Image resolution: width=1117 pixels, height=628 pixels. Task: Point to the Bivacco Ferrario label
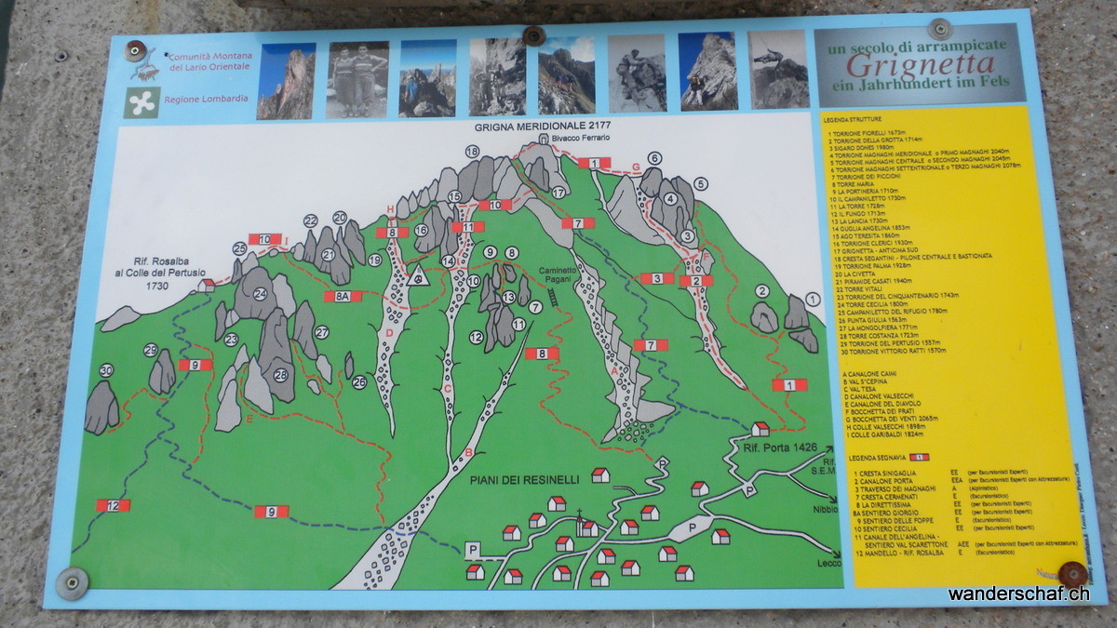coord(580,138)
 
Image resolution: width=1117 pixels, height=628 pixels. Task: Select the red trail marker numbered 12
coord(113,505)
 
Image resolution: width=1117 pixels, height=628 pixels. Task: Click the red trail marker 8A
coord(342,296)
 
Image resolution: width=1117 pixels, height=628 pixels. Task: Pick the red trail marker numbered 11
coord(467,227)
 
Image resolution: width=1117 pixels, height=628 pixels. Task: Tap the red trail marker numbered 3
coord(656,277)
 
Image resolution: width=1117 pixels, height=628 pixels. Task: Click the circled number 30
coord(107,370)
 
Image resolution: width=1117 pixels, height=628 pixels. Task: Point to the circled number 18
coord(472,152)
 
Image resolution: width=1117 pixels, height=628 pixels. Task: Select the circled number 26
coord(359,381)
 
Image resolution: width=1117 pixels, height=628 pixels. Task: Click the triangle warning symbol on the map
coord(418,276)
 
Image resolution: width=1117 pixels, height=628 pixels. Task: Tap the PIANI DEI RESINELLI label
coord(524,479)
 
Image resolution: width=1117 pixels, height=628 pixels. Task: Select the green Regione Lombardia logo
coord(142,101)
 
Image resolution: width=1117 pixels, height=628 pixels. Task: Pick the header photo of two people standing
coord(357,80)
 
